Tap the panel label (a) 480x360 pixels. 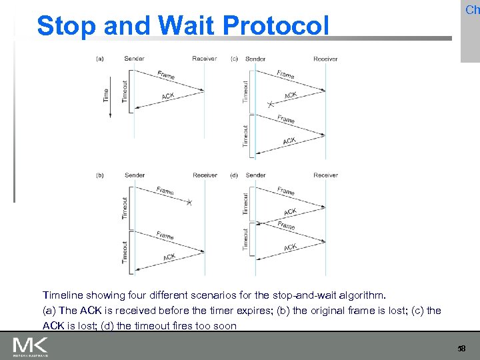tap(100, 59)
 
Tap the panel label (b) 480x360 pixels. tap(100, 175)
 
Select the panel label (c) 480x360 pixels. tap(235, 59)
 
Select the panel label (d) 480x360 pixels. tap(235, 175)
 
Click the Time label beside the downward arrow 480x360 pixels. tap(105, 95)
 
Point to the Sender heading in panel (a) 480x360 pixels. tap(134, 59)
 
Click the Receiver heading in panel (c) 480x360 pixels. tap(325, 59)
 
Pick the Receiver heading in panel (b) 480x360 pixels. tap(205, 175)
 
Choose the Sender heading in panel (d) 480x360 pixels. tap(255, 175)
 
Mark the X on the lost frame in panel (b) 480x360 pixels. tap(189, 202)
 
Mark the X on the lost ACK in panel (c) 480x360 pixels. tap(270, 105)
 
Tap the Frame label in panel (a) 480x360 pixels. tap(166, 75)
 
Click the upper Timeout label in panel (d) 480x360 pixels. tap(246, 204)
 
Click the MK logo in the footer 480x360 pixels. tap(30, 346)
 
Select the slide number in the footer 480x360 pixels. tap(461, 349)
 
